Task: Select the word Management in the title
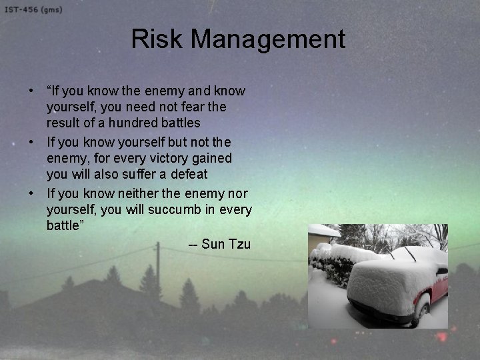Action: click(x=268, y=39)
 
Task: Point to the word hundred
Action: click(x=132, y=123)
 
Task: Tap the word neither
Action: click(x=135, y=193)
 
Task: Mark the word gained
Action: click(x=210, y=158)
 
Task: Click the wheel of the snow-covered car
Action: click(x=421, y=313)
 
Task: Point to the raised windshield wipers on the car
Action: click(x=400, y=253)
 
